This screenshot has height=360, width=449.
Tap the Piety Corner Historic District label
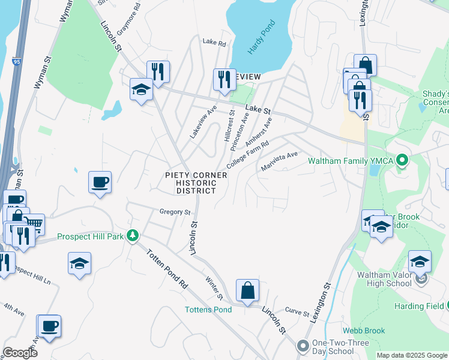(x=196, y=183)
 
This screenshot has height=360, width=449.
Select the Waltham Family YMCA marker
(x=403, y=160)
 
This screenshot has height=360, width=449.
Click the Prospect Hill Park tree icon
(x=133, y=236)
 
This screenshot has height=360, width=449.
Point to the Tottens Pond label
(x=208, y=310)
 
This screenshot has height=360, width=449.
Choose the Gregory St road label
(x=175, y=212)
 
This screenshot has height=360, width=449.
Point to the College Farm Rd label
(x=247, y=155)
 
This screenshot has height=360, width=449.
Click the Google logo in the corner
(x=20, y=353)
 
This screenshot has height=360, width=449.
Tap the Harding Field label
(x=418, y=306)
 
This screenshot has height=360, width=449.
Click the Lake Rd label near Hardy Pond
(x=214, y=43)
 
